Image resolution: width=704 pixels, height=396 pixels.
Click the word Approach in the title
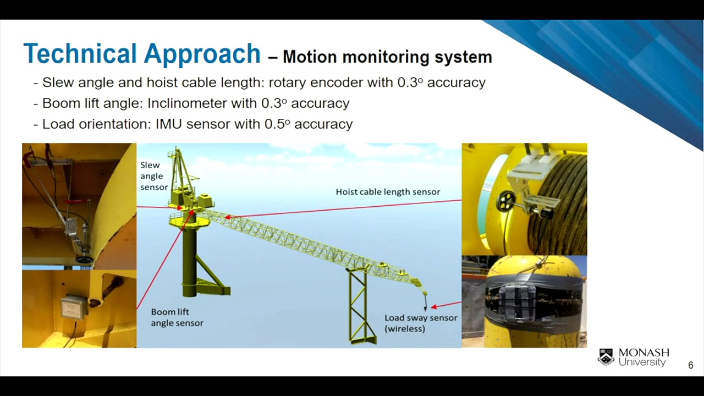(x=201, y=54)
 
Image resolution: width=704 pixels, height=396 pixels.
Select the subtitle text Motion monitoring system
(x=387, y=57)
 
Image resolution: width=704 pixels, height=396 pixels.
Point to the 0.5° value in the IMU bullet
(x=277, y=124)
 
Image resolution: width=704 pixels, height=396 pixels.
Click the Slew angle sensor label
(x=153, y=176)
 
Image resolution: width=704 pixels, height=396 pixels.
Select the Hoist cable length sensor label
(x=388, y=192)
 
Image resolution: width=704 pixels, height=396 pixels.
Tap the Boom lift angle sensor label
(x=177, y=317)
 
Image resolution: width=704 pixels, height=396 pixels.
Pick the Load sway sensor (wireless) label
(x=420, y=323)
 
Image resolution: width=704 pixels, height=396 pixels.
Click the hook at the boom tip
(x=425, y=303)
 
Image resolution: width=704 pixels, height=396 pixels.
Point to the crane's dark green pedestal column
(x=189, y=258)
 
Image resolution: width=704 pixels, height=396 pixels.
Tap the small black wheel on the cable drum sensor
(x=504, y=202)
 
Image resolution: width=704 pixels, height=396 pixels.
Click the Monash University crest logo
(x=606, y=357)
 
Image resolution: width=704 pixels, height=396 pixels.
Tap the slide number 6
(x=691, y=365)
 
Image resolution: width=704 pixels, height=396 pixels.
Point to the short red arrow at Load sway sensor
(x=446, y=305)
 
